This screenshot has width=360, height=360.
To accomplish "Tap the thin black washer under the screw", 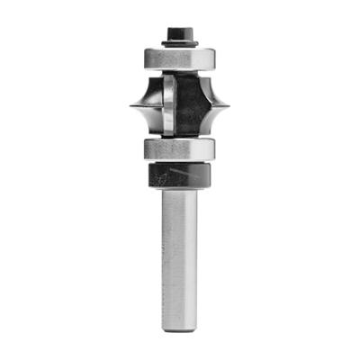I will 180,44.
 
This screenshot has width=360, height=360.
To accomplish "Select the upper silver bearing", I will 180,57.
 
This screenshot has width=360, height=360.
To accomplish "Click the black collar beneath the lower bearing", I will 180,175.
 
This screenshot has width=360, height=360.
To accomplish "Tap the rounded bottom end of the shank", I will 180,328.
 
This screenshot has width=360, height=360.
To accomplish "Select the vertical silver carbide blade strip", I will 168,105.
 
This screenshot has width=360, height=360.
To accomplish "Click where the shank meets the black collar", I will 180,189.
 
